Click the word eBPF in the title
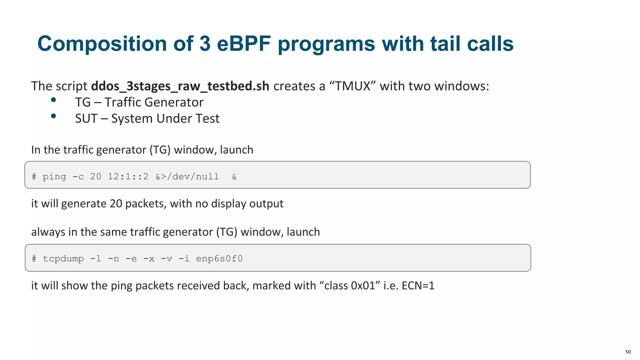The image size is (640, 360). [243, 43]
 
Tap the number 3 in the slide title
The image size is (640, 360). [205, 43]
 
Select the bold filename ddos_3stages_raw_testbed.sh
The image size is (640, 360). [180, 86]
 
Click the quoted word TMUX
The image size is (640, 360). [352, 86]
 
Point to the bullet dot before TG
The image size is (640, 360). [53, 100]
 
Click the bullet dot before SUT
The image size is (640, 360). [53, 116]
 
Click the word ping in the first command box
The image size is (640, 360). [54, 177]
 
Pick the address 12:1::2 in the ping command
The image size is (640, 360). [128, 177]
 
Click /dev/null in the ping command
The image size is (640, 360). [193, 177]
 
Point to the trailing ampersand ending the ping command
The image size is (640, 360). [234, 177]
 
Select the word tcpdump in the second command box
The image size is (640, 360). [63, 259]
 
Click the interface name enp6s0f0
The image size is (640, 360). [219, 259]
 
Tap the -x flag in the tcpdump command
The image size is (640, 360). [149, 259]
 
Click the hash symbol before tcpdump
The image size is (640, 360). [34, 259]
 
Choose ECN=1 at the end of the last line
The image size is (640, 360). [418, 286]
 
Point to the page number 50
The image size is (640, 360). [628, 352]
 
